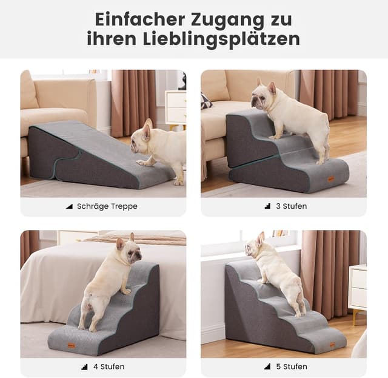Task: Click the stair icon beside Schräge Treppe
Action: click(x=69, y=206)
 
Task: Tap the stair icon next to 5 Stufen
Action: click(x=267, y=366)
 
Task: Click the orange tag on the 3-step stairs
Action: click(x=331, y=178)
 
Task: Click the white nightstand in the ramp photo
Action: click(x=175, y=107)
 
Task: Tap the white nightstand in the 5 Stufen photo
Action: click(x=357, y=288)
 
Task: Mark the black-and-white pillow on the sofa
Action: click(x=206, y=101)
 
